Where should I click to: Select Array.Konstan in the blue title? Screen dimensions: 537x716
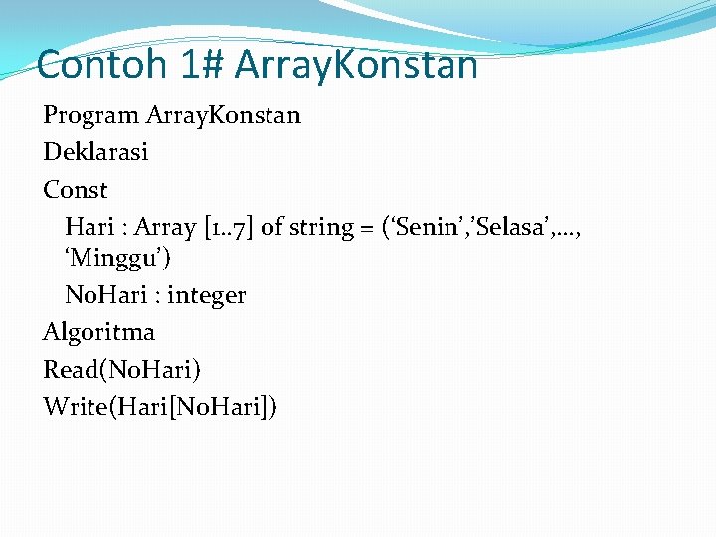tap(356, 65)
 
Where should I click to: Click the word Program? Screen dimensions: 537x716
tap(90, 115)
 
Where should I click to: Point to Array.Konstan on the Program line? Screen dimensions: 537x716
tap(223, 115)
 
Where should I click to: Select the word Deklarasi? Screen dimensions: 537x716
tap(95, 152)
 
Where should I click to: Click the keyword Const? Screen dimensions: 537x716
tap(75, 189)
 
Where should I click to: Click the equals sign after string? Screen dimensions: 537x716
tap(368, 228)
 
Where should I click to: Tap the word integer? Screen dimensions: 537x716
tap(206, 295)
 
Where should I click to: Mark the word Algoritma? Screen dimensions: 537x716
tap(98, 332)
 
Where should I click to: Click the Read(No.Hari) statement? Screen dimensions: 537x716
tap(121, 370)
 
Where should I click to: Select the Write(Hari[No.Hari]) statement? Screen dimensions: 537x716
tap(160, 406)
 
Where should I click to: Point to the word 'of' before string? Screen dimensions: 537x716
tap(272, 227)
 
